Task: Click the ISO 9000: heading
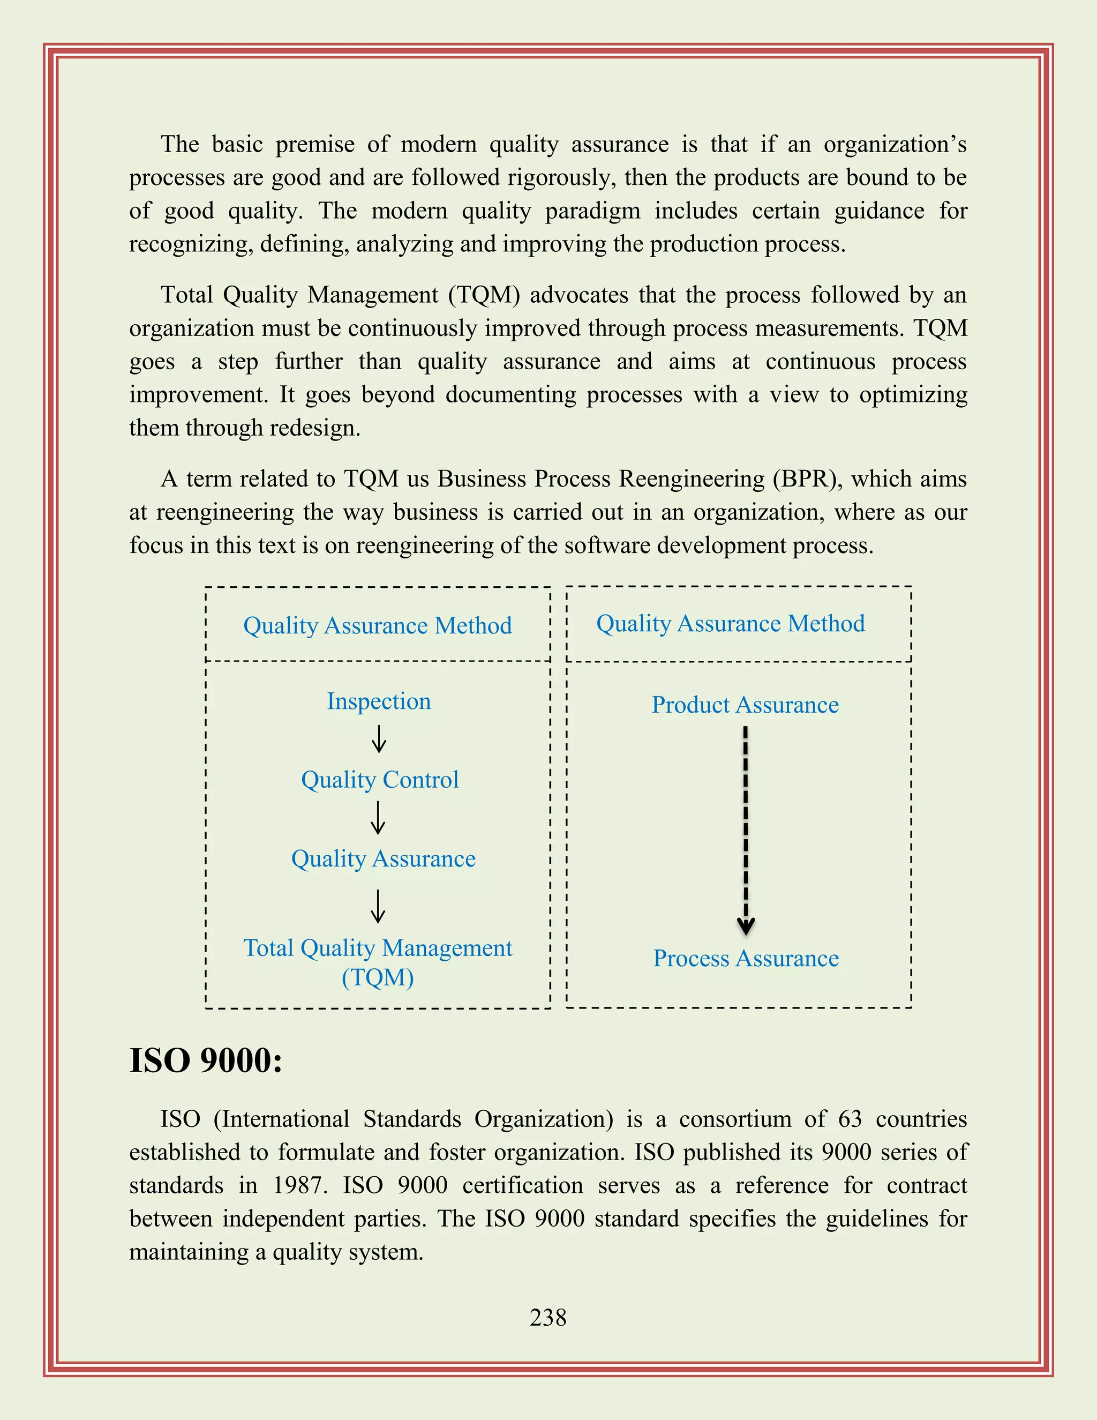(x=206, y=1060)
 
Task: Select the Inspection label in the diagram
(x=379, y=701)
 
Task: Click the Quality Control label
(x=380, y=780)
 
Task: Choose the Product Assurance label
(x=746, y=705)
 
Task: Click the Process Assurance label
(x=746, y=959)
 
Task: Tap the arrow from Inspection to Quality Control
(x=379, y=739)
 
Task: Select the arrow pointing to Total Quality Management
(x=378, y=906)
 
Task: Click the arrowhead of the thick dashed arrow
(x=746, y=926)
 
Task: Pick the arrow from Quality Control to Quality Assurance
(x=378, y=818)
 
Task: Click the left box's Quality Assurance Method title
(x=378, y=625)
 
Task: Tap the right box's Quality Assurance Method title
(x=731, y=624)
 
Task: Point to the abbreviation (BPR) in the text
(x=806, y=479)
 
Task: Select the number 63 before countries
(x=850, y=1119)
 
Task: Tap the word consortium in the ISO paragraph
(x=735, y=1119)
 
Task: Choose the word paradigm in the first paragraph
(x=592, y=211)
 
